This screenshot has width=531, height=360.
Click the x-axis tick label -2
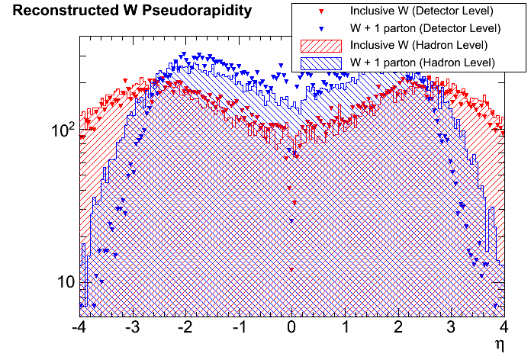pyautogui.click(x=184, y=329)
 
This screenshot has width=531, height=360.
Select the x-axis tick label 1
pyautogui.click(x=345, y=329)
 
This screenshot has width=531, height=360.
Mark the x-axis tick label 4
pyautogui.click(x=504, y=329)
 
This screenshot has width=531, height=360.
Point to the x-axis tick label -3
pyautogui.click(x=130, y=329)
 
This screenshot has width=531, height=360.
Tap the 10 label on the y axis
pyautogui.click(x=63, y=282)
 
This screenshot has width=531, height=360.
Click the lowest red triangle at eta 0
pyautogui.click(x=291, y=270)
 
